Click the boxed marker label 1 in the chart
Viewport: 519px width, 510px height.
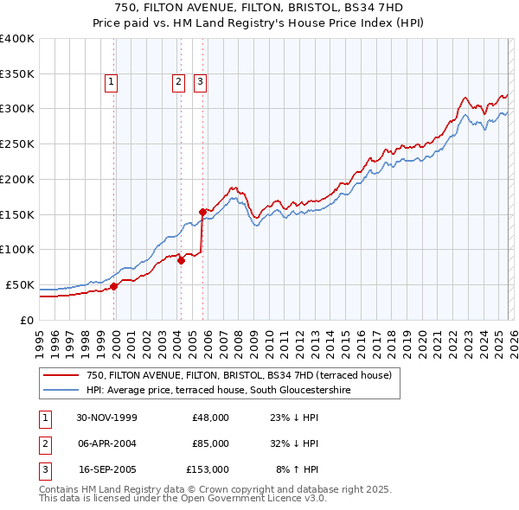click(x=113, y=82)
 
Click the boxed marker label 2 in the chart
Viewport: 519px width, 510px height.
click(x=178, y=82)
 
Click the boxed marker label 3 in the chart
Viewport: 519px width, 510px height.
click(x=200, y=82)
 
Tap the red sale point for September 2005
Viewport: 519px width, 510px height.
click(x=202, y=211)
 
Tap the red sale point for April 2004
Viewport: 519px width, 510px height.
click(x=181, y=259)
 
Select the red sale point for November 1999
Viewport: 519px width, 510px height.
click(x=114, y=285)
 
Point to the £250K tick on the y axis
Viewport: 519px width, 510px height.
click(x=17, y=143)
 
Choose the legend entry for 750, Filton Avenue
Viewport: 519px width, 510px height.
click(x=239, y=375)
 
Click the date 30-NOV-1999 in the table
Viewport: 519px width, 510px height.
click(x=106, y=418)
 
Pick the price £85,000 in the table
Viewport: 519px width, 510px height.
click(x=210, y=443)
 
